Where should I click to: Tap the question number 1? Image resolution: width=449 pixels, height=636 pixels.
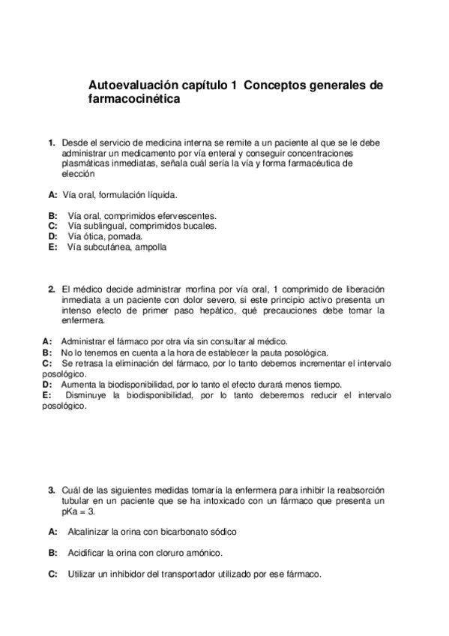52,142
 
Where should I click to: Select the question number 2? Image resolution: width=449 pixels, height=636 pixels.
52,289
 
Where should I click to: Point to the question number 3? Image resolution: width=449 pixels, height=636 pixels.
52,490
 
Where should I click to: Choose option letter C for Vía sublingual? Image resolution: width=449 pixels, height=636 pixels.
52,225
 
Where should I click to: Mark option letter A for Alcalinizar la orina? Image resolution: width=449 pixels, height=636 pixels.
52,532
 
